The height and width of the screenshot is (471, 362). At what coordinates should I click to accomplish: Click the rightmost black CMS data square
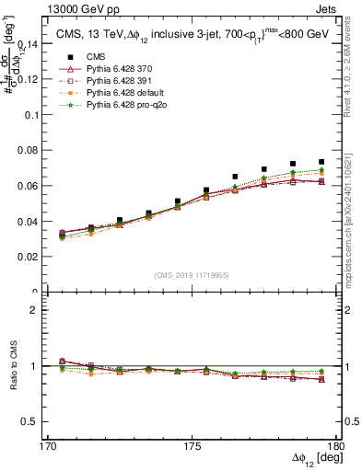[x=321, y=162]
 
